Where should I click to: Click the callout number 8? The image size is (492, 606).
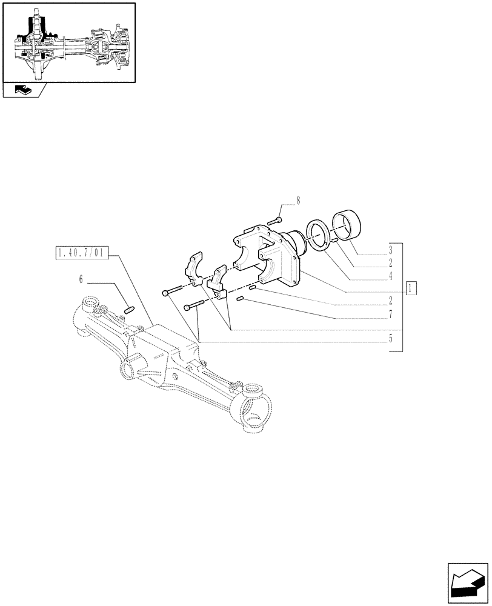[x=298, y=200]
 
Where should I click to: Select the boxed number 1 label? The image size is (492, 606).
[x=411, y=288]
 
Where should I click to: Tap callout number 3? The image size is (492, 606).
[x=391, y=249]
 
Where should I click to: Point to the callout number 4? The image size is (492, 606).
[x=391, y=275]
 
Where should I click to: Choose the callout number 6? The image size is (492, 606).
[x=80, y=280]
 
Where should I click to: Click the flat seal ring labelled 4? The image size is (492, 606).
[x=319, y=235]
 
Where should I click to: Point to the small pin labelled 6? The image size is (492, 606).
[x=128, y=310]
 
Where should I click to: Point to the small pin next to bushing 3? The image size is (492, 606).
[x=334, y=243]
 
